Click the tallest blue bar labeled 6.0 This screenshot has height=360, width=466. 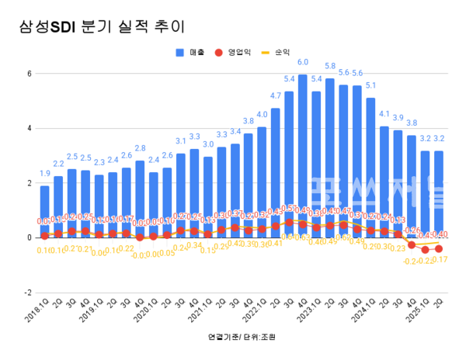point(302,155)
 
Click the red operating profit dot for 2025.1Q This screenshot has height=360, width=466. point(426,249)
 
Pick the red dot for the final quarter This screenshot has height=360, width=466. point(439,248)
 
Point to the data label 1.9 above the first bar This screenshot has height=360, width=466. point(45,174)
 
